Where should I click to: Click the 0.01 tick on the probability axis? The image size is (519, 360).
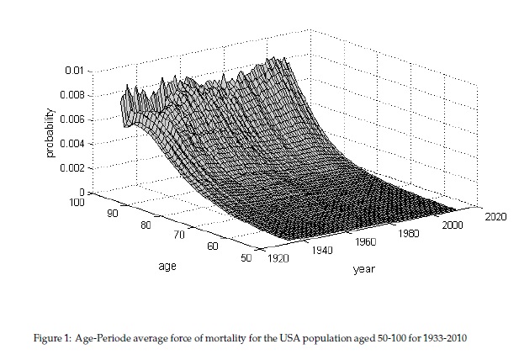point(75,71)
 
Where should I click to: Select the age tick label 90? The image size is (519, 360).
point(114,214)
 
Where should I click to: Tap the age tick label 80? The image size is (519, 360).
point(147,225)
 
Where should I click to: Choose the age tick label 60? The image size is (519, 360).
point(213,247)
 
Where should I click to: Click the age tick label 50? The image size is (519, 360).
point(246,258)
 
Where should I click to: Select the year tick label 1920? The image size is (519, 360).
point(278,260)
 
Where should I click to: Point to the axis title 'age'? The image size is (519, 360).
point(167,267)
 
